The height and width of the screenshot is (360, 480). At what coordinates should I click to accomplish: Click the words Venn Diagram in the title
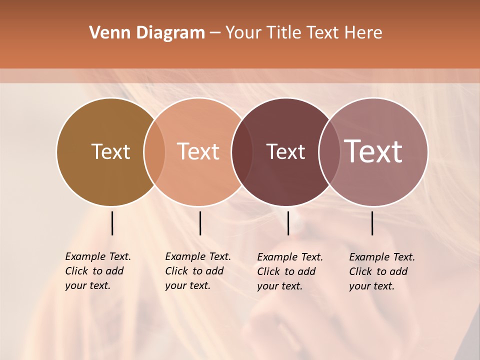point(147,33)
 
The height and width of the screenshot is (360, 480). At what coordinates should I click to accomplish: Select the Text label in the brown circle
point(110,151)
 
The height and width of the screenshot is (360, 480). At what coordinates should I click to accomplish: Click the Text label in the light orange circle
point(198,151)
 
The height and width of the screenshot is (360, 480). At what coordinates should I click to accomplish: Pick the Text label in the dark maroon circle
point(285,152)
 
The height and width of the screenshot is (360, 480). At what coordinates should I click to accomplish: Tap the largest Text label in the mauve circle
point(373,151)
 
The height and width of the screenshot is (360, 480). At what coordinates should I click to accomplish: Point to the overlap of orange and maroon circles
point(241,152)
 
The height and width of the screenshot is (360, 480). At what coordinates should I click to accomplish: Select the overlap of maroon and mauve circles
point(328,152)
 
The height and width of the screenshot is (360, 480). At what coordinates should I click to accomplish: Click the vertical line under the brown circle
point(112,223)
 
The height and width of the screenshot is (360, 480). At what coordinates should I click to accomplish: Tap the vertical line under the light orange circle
point(200,223)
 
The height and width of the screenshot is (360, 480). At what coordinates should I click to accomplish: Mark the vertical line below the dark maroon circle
point(288,223)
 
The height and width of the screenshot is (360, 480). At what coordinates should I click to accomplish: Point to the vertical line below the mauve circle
point(372,223)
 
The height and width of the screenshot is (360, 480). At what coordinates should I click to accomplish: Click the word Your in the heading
point(244,33)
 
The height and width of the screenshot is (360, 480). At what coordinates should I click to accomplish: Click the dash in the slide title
point(215,33)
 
